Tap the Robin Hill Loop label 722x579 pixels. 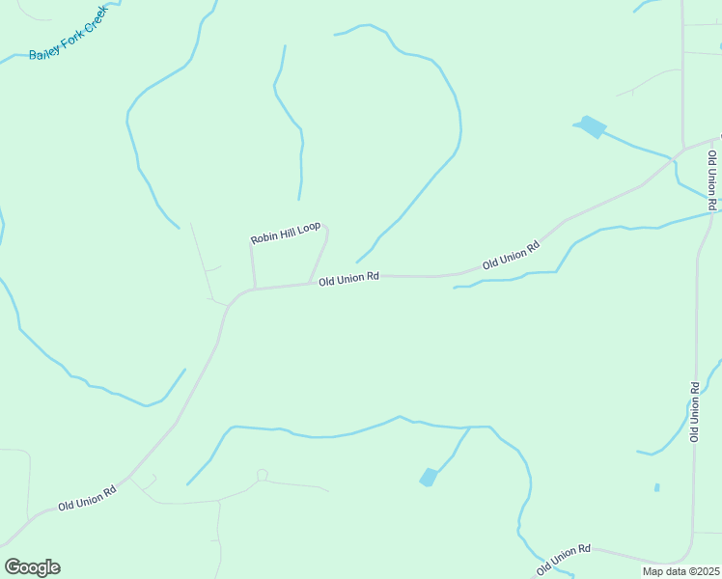[285, 233]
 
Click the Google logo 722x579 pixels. [32, 567]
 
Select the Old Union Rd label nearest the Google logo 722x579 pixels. [87, 497]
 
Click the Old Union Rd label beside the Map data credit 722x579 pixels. [564, 556]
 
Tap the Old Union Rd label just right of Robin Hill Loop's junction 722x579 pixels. [347, 278]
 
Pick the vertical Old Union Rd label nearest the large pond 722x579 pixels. [711, 174]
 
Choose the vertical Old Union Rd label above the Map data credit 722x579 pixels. [694, 412]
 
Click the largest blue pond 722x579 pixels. [590, 125]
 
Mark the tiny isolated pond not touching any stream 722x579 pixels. [656, 487]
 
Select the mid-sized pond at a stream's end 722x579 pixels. [429, 477]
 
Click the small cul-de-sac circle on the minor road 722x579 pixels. [262, 474]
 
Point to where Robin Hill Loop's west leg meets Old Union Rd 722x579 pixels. [254, 288]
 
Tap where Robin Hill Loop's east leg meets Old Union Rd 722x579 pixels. [311, 282]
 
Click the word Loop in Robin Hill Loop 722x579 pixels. [309, 228]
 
